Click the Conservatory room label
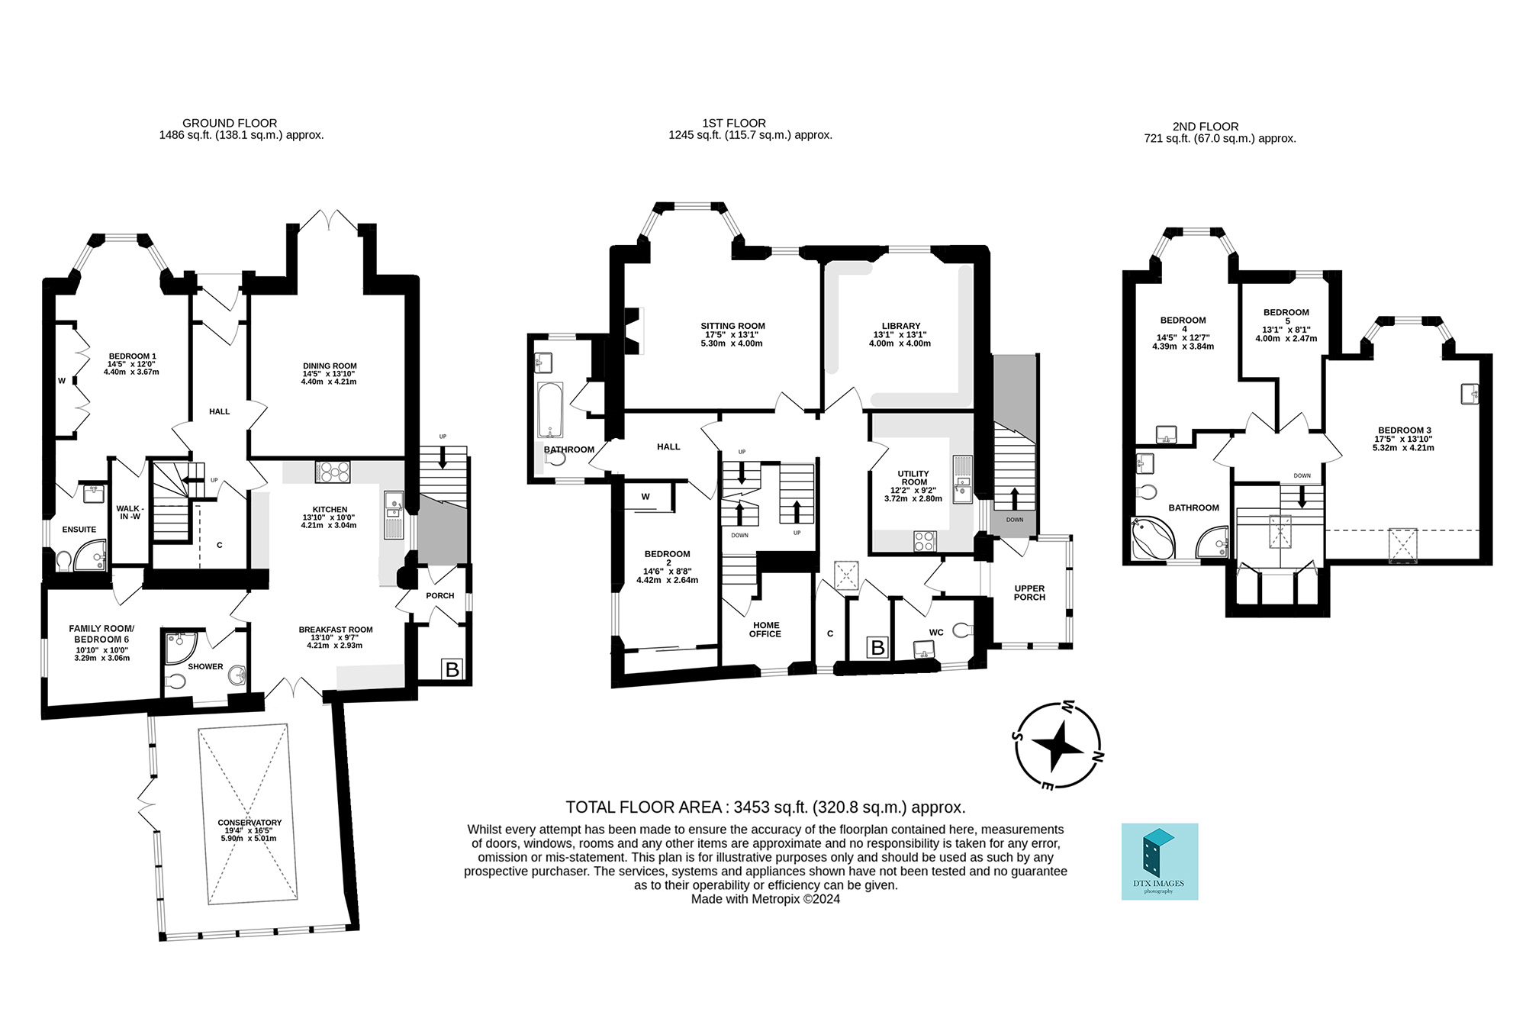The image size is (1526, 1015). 250,823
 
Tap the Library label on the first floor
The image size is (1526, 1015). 901,326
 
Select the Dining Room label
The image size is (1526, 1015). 330,366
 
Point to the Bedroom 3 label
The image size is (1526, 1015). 1405,430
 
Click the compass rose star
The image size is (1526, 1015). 1058,746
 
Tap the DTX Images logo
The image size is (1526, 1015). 1160,862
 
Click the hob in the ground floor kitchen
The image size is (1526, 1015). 333,472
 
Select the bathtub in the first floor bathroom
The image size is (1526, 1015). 550,410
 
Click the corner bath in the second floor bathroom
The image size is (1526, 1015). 1152,538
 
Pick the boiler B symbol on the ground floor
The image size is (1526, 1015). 452,669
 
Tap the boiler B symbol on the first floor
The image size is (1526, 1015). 878,648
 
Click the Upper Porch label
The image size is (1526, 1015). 1030,592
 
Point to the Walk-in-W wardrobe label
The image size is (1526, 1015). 130,512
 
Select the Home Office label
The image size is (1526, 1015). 765,630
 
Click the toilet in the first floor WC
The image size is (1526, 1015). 964,630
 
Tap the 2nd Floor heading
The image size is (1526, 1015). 1206,127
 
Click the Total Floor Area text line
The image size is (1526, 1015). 766,807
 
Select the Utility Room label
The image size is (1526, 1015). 914,478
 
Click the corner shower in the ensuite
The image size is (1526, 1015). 91,555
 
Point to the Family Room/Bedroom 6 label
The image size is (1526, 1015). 101,633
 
